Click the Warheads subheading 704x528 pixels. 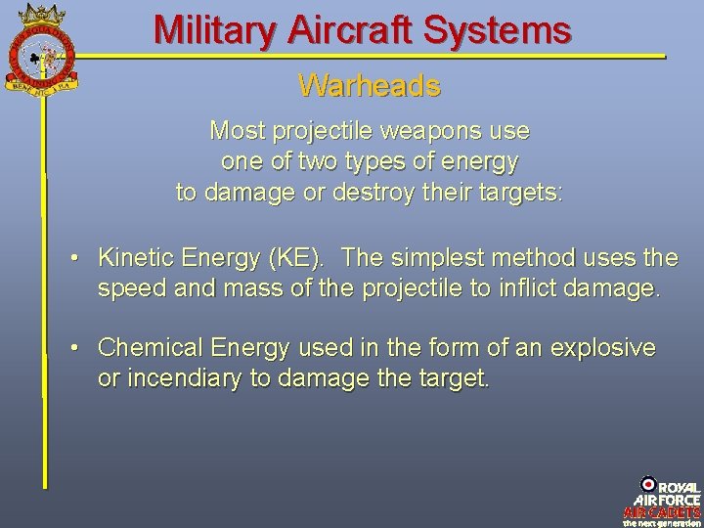370,86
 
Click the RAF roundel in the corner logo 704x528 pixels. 648,484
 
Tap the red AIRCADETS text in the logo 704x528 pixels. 662,511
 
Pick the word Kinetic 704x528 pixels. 133,258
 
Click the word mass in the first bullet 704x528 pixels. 264,289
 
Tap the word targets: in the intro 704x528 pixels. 523,192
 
